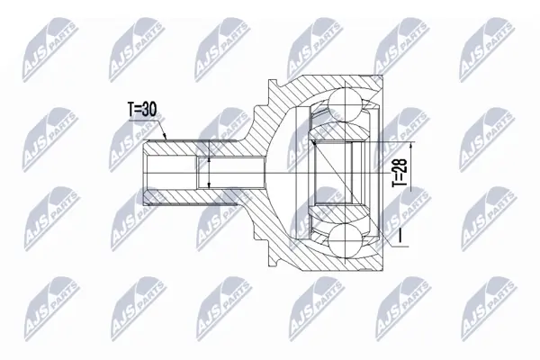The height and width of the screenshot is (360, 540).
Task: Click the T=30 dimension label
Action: [x=142, y=110]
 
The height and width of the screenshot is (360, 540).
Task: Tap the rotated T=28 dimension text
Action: [x=400, y=173]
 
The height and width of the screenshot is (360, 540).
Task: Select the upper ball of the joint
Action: [x=345, y=104]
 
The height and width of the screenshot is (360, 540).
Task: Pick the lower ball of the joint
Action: [x=345, y=240]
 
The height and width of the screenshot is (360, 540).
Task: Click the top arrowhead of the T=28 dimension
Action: [x=411, y=146]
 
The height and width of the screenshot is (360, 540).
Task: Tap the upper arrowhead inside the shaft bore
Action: [x=209, y=161]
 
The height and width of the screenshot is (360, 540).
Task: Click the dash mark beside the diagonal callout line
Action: [x=400, y=237]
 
